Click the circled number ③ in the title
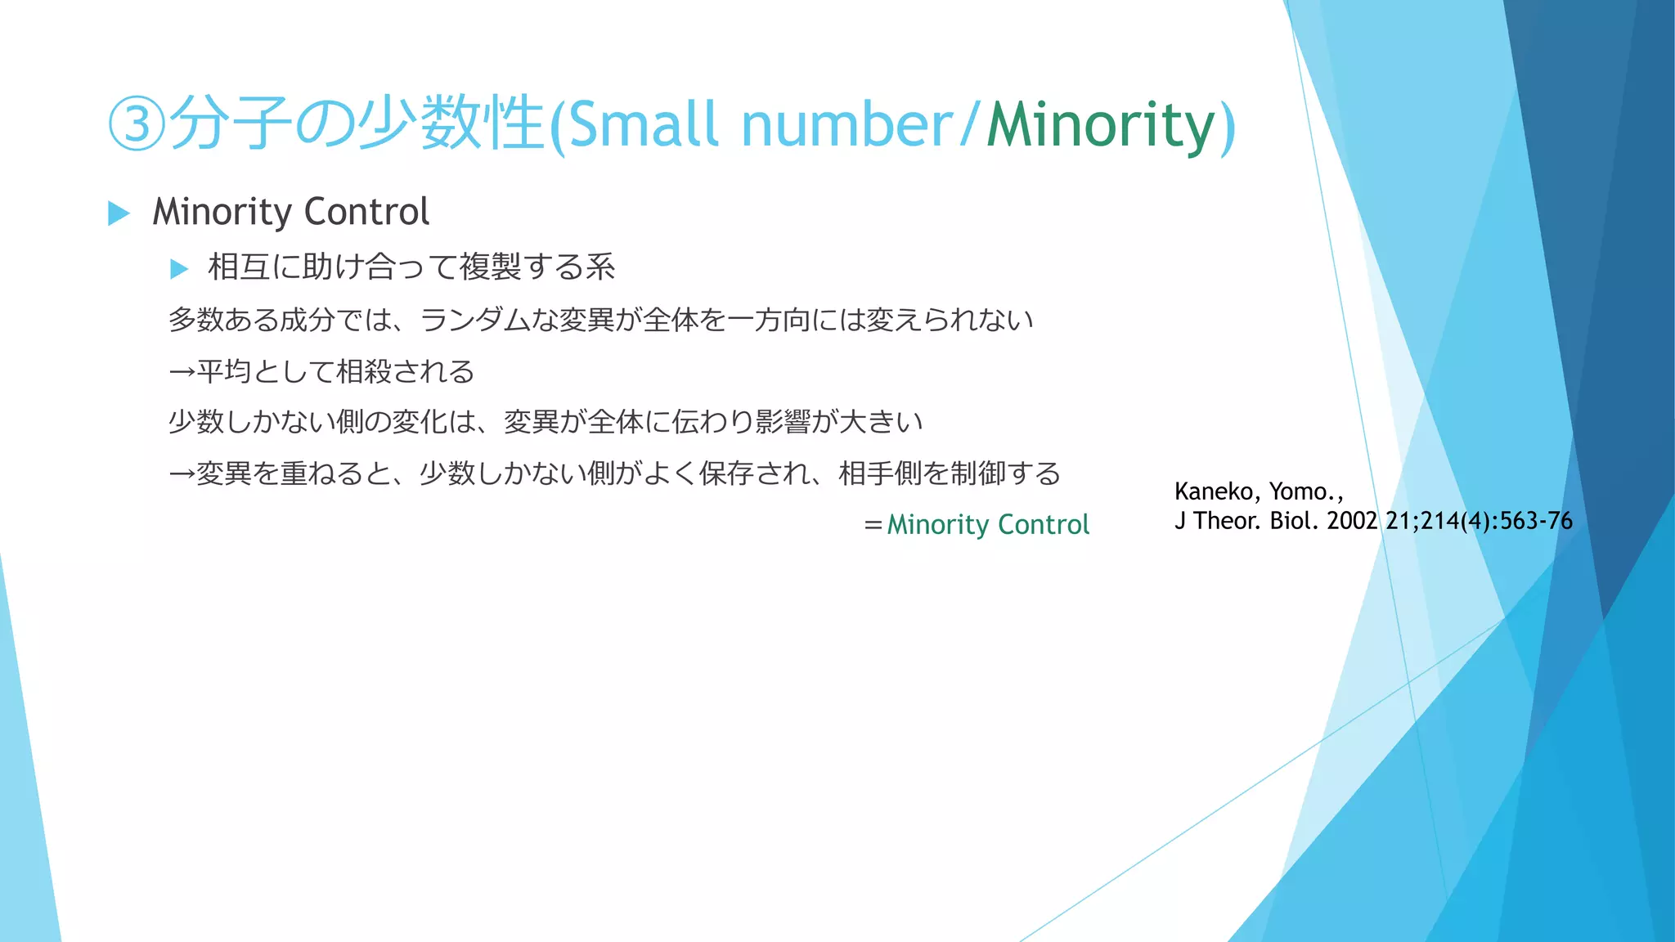[x=137, y=124]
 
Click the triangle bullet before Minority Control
[x=119, y=213]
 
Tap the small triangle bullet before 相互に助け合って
[x=179, y=268]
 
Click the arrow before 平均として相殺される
[x=182, y=372]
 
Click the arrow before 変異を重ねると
[x=182, y=473]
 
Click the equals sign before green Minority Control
[x=873, y=525]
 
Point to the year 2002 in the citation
[x=1352, y=521]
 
